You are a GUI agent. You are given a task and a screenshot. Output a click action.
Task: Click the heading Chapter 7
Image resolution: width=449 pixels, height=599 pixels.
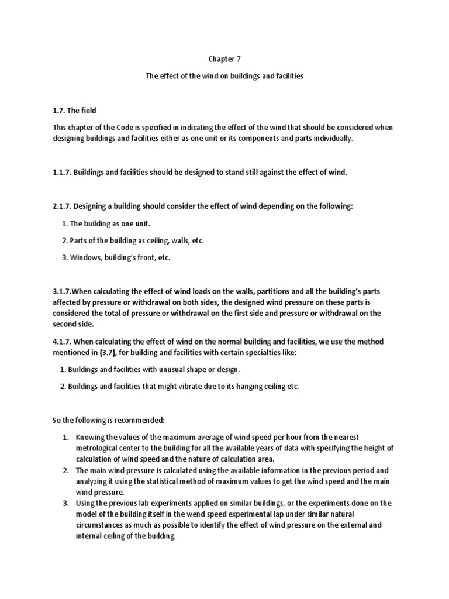(x=224, y=59)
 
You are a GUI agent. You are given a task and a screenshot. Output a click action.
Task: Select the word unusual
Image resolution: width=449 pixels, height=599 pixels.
(x=177, y=370)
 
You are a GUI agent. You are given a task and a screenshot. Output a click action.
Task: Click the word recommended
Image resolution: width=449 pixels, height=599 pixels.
(x=137, y=420)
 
